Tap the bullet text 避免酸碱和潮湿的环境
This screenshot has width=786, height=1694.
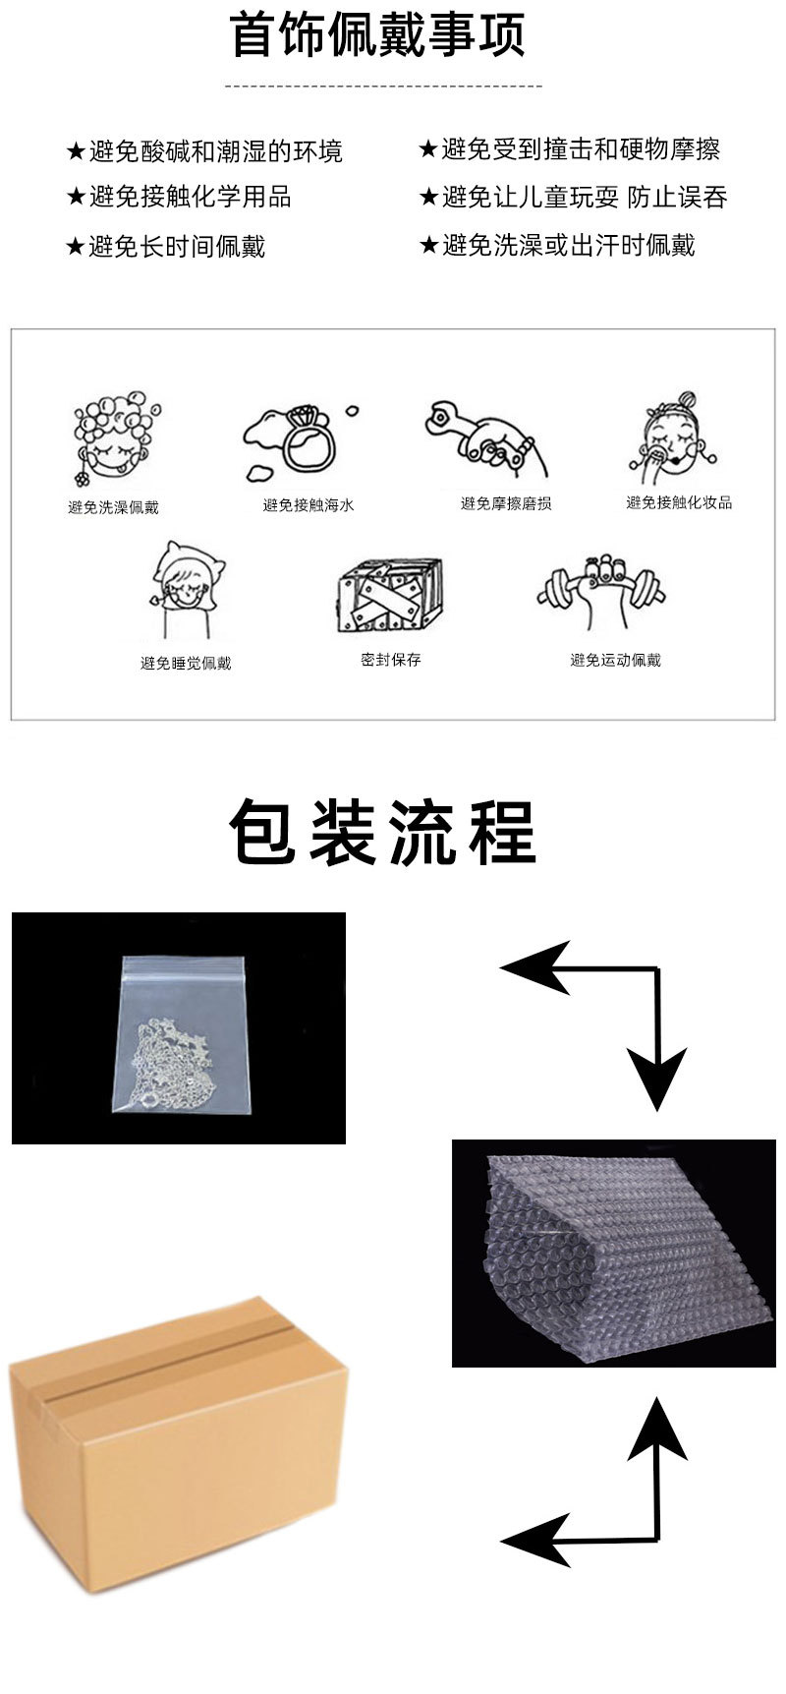216,151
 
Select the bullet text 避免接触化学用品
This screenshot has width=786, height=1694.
191,197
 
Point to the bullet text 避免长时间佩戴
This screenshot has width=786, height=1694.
178,246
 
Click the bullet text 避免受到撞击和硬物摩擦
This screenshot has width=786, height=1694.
581,149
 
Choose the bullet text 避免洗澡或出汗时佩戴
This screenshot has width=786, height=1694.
569,245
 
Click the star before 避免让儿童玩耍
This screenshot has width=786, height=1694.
427,198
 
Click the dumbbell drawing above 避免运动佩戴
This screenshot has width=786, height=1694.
601,593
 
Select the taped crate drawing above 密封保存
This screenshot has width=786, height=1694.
389,596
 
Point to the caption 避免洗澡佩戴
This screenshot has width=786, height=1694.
113,507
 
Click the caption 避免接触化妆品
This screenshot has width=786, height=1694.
679,502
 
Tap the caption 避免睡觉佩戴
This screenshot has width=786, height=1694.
186,664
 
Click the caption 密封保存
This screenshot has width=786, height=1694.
390,660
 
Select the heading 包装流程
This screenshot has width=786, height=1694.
383,833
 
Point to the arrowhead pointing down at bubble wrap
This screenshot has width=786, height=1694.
656,1080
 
